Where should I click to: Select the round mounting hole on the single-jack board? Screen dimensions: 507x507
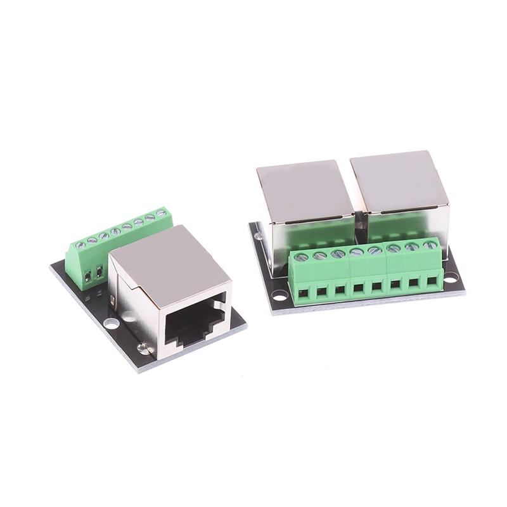click(111, 323)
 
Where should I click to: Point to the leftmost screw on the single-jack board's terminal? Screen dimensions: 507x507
click(80, 245)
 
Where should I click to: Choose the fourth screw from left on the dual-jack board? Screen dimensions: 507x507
click(357, 252)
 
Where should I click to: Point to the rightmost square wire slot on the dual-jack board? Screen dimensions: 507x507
click(432, 278)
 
